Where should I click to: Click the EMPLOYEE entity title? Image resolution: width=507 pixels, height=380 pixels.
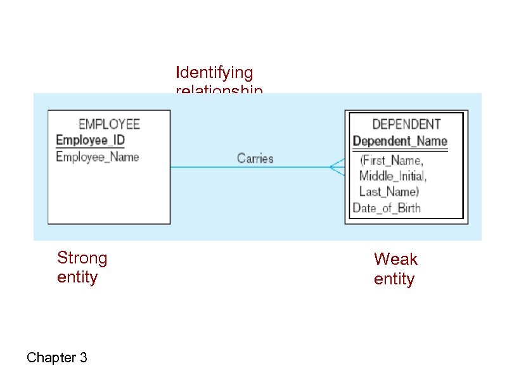(x=109, y=124)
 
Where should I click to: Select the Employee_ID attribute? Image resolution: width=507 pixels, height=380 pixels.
(x=91, y=140)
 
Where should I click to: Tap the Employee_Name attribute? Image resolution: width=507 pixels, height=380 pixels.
(x=98, y=156)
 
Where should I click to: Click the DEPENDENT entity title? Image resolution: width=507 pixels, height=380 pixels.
(x=406, y=124)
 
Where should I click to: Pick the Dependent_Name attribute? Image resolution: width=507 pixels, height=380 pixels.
(x=400, y=141)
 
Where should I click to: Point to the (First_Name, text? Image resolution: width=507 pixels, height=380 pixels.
(x=391, y=161)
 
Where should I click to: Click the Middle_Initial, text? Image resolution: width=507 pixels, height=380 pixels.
(x=393, y=175)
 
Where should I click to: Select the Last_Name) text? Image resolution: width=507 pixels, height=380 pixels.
(x=389, y=191)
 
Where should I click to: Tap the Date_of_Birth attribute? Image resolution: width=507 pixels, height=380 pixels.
(x=387, y=207)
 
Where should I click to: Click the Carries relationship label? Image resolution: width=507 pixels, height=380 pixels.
(x=255, y=158)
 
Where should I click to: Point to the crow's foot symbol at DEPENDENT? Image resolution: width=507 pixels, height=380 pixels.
(x=337, y=167)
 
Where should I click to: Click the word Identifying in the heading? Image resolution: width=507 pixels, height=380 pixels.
(x=214, y=73)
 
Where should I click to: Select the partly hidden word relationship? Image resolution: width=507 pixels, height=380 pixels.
(x=219, y=91)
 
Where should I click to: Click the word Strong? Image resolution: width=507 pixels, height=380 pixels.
(x=82, y=258)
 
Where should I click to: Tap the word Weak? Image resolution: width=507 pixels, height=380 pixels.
(x=395, y=259)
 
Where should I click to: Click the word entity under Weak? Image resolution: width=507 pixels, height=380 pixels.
(x=394, y=279)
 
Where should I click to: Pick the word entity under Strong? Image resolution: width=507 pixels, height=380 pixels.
(x=77, y=277)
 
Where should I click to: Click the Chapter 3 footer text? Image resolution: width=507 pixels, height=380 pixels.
(x=57, y=358)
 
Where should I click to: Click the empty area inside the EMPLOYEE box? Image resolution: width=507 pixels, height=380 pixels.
(x=109, y=193)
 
